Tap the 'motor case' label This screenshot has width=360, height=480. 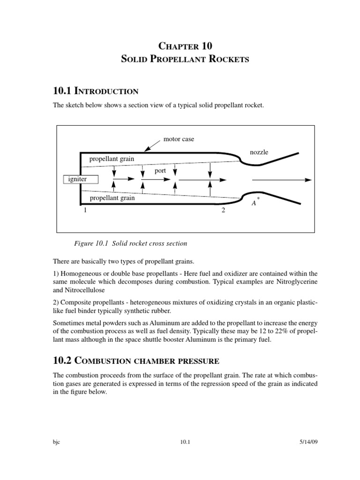pyautogui.click(x=179, y=139)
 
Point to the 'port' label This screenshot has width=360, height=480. pyautogui.click(x=160, y=171)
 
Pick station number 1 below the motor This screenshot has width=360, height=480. pyautogui.click(x=85, y=210)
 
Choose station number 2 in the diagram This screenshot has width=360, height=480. pyautogui.click(x=223, y=210)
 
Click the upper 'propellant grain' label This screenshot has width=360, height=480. pyautogui.click(x=112, y=159)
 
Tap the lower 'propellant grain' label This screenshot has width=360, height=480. pyautogui.click(x=112, y=198)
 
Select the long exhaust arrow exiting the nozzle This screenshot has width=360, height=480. pyautogui.click(x=281, y=180)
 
